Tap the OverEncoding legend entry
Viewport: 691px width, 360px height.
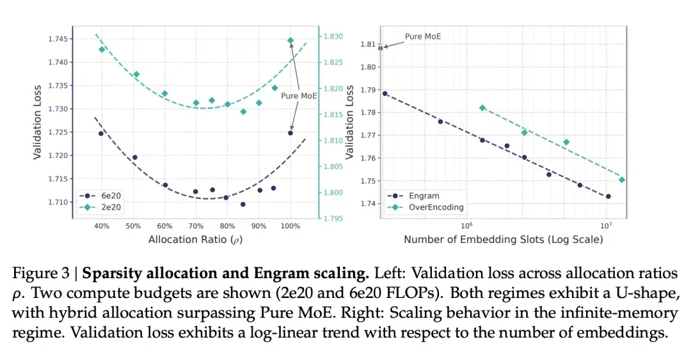click(x=425, y=207)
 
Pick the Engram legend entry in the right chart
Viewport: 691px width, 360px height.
click(x=413, y=196)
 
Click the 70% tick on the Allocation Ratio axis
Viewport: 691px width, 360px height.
click(x=196, y=226)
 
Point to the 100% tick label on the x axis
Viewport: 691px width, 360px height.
click(x=290, y=226)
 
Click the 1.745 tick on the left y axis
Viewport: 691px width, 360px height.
click(x=58, y=39)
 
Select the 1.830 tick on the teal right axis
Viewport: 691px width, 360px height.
click(x=333, y=36)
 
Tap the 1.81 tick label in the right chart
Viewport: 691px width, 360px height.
click(x=368, y=44)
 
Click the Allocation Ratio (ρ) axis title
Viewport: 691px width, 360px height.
click(x=195, y=240)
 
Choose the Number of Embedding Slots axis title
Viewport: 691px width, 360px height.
click(x=504, y=240)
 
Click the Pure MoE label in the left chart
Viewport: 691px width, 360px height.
click(x=299, y=96)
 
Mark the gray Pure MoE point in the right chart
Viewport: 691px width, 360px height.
click(x=381, y=48)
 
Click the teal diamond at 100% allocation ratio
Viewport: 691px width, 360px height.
click(x=290, y=40)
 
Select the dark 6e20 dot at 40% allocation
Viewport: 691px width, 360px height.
click(x=101, y=134)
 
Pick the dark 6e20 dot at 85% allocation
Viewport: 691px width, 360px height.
click(x=243, y=205)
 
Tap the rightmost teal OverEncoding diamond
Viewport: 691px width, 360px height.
click(x=622, y=180)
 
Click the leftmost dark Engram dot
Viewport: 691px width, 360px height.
click(x=385, y=93)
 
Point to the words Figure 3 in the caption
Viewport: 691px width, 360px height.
click(x=40, y=274)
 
